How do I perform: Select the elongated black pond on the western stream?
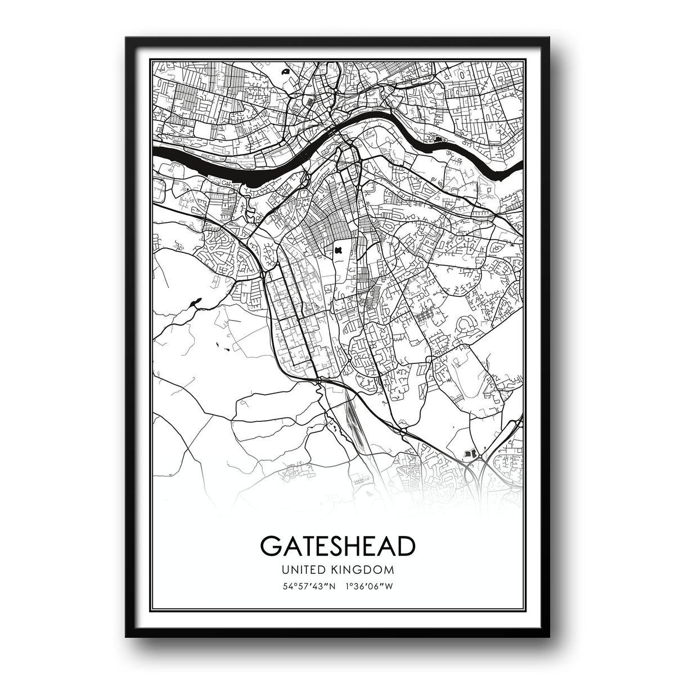tap(195, 303)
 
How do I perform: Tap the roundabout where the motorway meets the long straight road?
tap(318, 381)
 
